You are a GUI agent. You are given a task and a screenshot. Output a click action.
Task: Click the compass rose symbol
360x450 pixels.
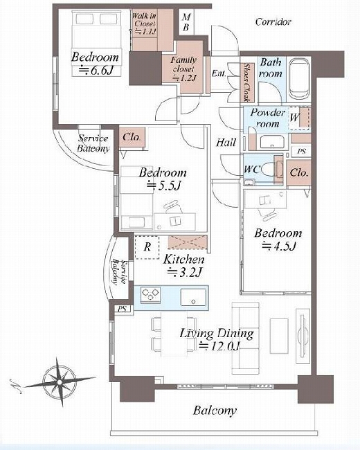click(x=59, y=382)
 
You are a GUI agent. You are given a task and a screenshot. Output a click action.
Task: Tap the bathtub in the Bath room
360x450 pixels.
click(x=299, y=78)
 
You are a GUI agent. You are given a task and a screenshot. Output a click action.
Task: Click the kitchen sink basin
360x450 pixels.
click(x=193, y=297)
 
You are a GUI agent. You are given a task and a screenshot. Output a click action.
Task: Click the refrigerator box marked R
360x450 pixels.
click(x=147, y=247)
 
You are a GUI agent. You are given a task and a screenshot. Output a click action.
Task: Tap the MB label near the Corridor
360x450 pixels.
click(x=186, y=22)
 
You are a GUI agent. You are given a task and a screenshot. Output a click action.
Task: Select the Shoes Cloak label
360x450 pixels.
click(x=247, y=82)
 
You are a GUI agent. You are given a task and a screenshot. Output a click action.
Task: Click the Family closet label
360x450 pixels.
click(x=183, y=69)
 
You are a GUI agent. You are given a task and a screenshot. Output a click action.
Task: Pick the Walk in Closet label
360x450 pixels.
click(x=145, y=24)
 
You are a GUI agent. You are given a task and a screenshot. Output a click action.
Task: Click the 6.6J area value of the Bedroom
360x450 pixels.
click(x=96, y=71)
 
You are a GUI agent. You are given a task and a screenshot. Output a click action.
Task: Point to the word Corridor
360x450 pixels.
click(x=273, y=22)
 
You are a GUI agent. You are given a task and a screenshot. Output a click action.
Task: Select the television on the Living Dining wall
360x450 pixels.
click(x=303, y=336)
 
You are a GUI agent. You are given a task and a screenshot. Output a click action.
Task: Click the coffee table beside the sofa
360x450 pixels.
click(x=279, y=336)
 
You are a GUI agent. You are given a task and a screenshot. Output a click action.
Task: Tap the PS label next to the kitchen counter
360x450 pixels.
click(x=123, y=309)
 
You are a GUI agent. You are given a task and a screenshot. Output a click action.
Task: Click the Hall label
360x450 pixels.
click(x=226, y=143)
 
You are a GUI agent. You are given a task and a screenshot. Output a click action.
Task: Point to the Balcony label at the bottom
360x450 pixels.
click(x=215, y=411)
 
